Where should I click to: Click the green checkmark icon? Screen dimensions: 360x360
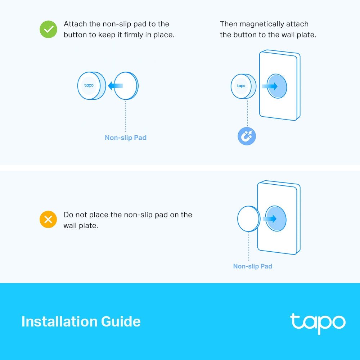48,29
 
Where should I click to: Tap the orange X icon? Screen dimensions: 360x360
48,219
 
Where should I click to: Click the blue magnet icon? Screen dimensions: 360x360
247,136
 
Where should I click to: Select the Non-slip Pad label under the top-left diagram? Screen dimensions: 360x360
126,138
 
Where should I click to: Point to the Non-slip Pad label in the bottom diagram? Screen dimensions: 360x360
253,266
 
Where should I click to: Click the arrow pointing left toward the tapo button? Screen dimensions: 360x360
116,86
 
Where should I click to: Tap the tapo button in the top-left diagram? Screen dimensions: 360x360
90,86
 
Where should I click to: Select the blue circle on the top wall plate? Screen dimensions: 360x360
277,86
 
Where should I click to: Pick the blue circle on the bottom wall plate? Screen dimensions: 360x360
276,219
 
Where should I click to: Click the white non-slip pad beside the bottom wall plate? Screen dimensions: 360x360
248,219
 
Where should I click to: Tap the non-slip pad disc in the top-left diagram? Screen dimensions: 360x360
126,86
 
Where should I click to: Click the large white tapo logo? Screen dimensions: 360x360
318,323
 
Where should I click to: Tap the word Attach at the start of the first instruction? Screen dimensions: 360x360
75,24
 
